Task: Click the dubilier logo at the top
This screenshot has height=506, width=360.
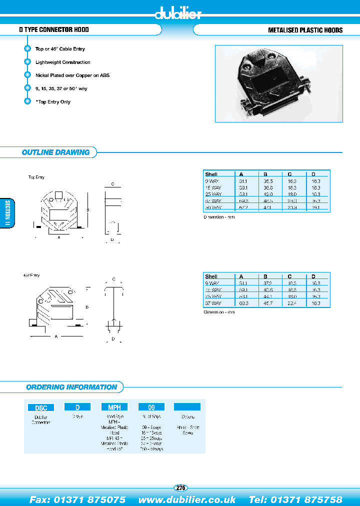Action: [179, 13]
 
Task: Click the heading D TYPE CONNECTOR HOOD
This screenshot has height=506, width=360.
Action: [54, 30]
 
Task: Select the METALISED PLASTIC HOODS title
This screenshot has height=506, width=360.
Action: [305, 30]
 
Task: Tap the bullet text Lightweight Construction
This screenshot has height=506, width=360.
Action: [63, 62]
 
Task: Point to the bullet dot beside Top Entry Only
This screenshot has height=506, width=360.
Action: [27, 101]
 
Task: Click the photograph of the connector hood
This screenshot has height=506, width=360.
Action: [278, 83]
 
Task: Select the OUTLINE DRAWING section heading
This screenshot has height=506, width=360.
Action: [55, 152]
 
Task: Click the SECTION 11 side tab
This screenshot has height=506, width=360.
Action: [7, 213]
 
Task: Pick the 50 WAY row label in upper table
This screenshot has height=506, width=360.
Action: [213, 207]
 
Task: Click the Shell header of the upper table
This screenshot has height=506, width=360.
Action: [211, 174]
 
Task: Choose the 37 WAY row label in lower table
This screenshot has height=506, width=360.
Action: [213, 303]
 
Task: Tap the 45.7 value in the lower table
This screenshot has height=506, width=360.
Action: [269, 303]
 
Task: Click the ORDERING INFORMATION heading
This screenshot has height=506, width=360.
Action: [71, 387]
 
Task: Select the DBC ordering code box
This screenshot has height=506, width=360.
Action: [40, 407]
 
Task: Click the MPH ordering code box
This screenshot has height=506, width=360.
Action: [114, 407]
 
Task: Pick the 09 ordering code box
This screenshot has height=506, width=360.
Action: [151, 407]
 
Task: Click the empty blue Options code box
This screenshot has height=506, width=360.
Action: [187, 407]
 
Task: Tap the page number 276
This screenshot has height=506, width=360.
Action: [180, 487]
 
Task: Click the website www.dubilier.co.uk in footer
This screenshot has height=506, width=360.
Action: [187, 499]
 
